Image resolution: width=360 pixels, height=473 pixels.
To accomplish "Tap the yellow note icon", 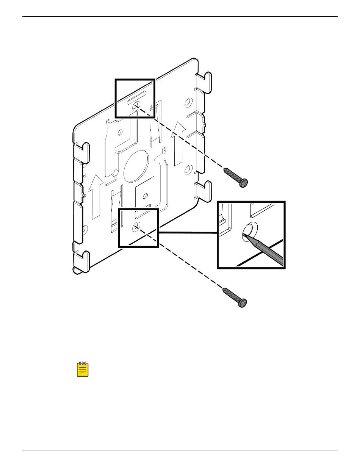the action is click(83, 369).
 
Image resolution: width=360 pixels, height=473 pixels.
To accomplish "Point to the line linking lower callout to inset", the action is click(188, 232).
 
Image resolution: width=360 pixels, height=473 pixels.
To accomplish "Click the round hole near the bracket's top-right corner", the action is click(188, 102).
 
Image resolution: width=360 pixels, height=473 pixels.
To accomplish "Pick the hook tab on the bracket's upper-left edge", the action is click(83, 150).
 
